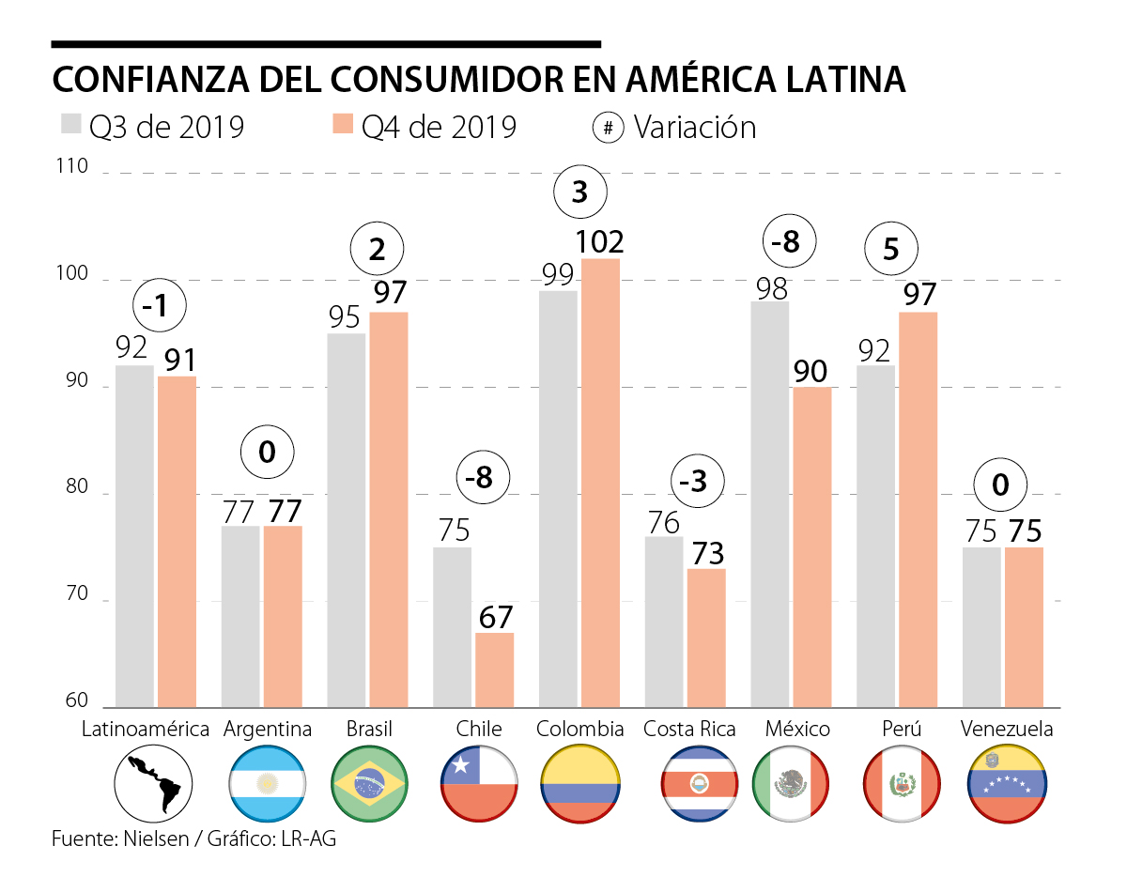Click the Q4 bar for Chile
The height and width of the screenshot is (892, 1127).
coord(494,670)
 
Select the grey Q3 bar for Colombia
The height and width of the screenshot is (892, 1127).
coord(558,499)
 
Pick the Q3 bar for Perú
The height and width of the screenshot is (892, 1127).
coord(876,536)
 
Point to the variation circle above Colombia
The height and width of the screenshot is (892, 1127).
coord(580,193)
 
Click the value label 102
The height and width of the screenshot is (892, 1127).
coord(600,242)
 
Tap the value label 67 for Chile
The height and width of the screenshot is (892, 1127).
coord(494,618)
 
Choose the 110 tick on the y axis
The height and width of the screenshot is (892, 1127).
coord(76,168)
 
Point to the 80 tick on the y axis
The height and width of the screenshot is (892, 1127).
coord(76,489)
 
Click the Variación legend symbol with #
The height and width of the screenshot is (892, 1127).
coord(609,128)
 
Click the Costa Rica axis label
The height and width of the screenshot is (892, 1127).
coord(690,730)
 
